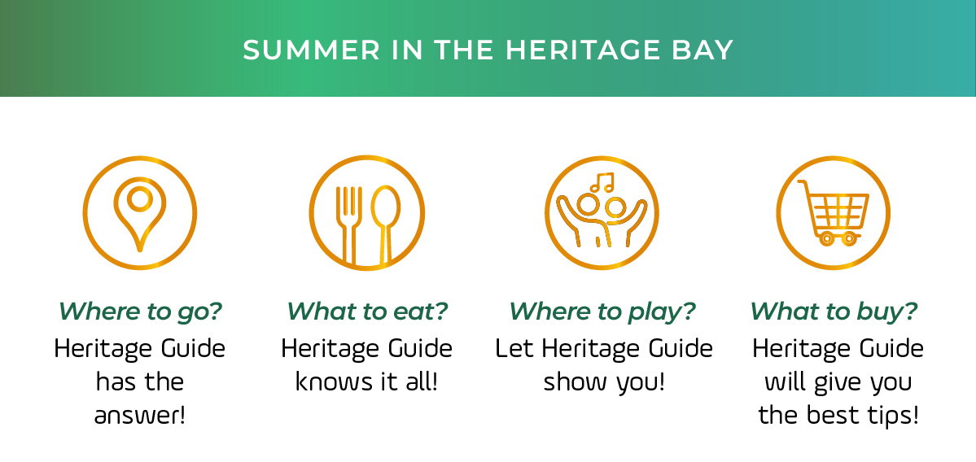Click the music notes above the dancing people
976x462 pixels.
click(602, 182)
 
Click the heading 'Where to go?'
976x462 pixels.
click(140, 311)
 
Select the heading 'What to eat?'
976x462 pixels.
click(367, 311)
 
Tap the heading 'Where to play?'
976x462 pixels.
click(602, 311)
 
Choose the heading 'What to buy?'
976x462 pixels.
click(834, 311)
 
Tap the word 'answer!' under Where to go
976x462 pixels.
click(140, 416)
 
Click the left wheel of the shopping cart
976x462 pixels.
click(826, 238)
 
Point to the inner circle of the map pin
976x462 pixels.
click(139, 199)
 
